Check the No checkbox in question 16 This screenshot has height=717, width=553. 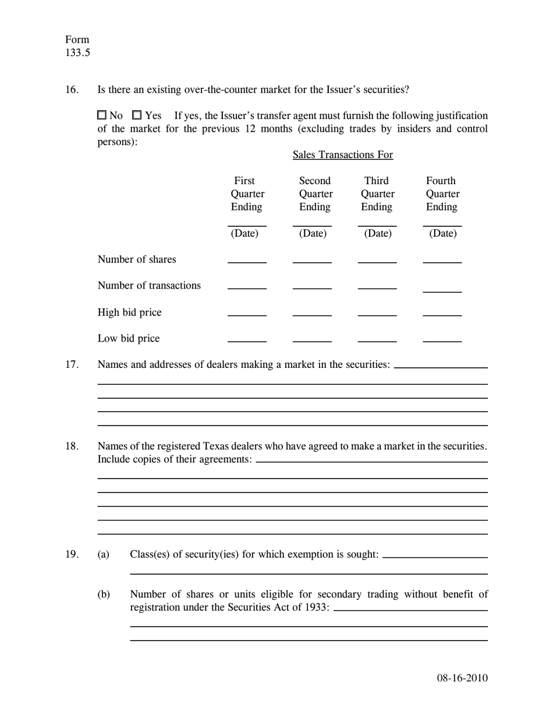coord(102,115)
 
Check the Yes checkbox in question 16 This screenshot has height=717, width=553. coord(137,115)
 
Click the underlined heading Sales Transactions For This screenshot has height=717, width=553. coord(342,154)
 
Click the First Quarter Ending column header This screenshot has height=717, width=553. coord(247,194)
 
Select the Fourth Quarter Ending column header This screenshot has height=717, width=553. coord(442,194)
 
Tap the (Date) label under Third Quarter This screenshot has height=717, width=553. coord(378,233)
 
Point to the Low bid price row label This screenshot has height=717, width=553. coord(128,338)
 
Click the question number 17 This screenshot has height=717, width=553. coord(72,364)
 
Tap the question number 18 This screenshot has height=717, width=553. coord(72,446)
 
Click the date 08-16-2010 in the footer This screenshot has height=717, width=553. coord(462,677)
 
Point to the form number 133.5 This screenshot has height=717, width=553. coord(77,52)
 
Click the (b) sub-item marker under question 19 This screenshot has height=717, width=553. coord(104,594)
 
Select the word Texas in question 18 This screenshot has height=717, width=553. coord(216,446)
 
